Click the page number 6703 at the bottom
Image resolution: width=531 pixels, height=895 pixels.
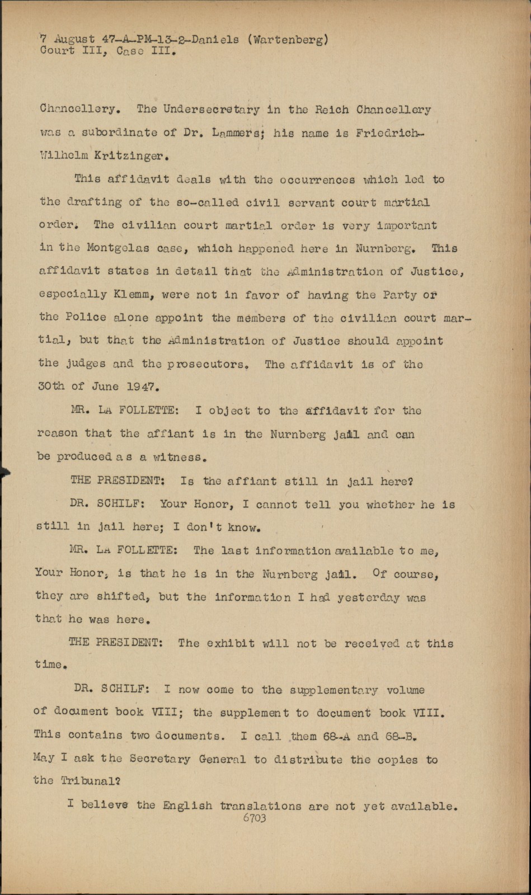tap(255, 818)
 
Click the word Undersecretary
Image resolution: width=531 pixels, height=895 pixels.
tap(212, 110)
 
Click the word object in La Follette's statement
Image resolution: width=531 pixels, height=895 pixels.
tap(229, 411)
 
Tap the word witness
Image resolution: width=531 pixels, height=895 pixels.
tap(178, 457)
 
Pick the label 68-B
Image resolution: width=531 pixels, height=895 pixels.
tap(402, 736)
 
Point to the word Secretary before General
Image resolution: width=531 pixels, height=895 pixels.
tap(161, 759)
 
